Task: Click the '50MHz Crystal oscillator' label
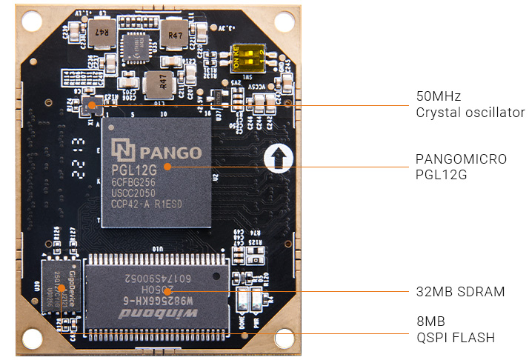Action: [470, 104]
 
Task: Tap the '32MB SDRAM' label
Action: [460, 292]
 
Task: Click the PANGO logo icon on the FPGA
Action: [122, 150]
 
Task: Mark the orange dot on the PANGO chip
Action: [167, 167]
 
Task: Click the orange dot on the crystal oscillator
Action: [93, 105]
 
